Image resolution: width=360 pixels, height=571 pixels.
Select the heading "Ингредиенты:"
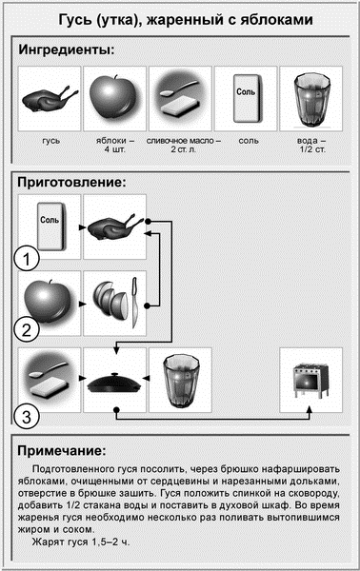[x=67, y=49]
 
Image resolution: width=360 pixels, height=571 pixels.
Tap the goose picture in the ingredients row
[x=50, y=98]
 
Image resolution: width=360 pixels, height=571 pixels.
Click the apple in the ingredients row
[x=114, y=97]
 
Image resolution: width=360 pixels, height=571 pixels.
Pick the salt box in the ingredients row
[x=248, y=98]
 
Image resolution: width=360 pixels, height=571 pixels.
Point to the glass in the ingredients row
[x=310, y=99]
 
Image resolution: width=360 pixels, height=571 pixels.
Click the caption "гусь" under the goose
[x=51, y=141]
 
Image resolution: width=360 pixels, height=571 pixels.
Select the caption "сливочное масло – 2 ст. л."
[x=183, y=145]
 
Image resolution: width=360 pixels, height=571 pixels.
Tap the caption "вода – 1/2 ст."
[x=311, y=145]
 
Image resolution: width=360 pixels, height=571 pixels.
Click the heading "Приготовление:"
[x=71, y=182]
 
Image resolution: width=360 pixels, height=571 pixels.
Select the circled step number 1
[x=27, y=259]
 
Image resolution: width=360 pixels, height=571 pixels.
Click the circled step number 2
[x=27, y=329]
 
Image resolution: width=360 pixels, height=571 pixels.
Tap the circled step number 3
[x=27, y=416]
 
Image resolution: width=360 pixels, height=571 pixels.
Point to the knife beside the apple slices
[x=134, y=303]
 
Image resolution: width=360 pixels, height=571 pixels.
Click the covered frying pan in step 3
[x=113, y=382]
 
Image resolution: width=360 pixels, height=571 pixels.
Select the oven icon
[x=310, y=380]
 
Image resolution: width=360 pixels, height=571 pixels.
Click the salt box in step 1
[x=51, y=226]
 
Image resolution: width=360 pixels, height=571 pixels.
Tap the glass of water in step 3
[x=180, y=381]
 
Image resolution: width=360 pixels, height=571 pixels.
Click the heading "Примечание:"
[x=62, y=450]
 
